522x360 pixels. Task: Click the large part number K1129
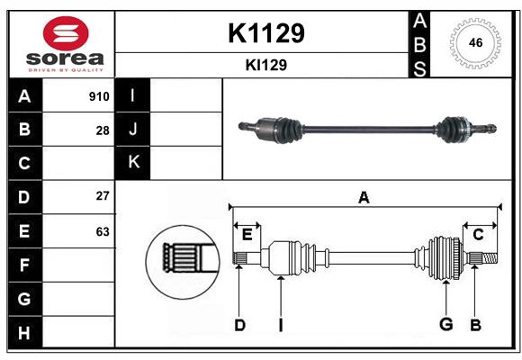(x=265, y=32)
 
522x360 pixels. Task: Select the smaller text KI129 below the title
(x=265, y=65)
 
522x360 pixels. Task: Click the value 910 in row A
(x=99, y=96)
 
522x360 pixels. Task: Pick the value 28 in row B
(x=103, y=130)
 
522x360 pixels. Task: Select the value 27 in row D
(x=103, y=195)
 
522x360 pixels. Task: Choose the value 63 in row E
(x=103, y=231)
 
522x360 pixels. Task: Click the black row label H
(x=24, y=332)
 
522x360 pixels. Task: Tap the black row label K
(x=133, y=162)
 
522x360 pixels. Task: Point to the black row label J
(x=133, y=129)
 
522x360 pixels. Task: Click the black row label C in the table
(x=24, y=163)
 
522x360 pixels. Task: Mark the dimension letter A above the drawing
(x=364, y=197)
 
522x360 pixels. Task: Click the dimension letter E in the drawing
(x=247, y=235)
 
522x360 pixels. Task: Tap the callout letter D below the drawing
(x=239, y=325)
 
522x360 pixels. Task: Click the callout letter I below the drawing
(x=280, y=325)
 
